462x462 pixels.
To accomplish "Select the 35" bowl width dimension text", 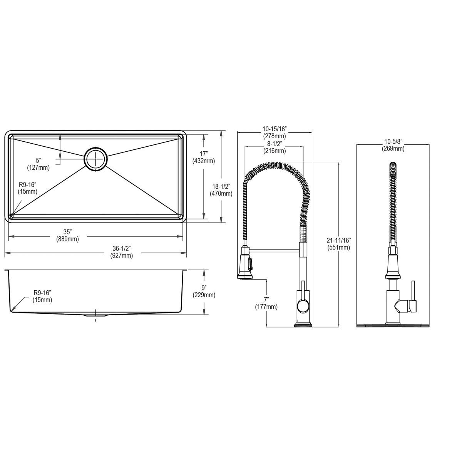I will pyautogui.click(x=68, y=235).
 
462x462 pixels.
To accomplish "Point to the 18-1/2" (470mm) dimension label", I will pyautogui.click(x=221, y=190).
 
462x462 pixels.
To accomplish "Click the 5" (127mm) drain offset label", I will pyautogui.click(x=38, y=164).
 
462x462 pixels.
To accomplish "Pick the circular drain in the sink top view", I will pyautogui.click(x=95, y=158).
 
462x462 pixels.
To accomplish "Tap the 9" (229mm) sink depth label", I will pyautogui.click(x=204, y=291).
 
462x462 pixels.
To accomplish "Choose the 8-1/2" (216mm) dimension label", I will pyautogui.click(x=274, y=147).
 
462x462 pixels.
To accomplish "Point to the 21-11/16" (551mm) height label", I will pyautogui.click(x=339, y=244).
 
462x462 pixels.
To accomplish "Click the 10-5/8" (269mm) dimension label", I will pyautogui.click(x=393, y=145).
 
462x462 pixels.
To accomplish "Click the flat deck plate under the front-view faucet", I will pyautogui.click(x=393, y=326).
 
